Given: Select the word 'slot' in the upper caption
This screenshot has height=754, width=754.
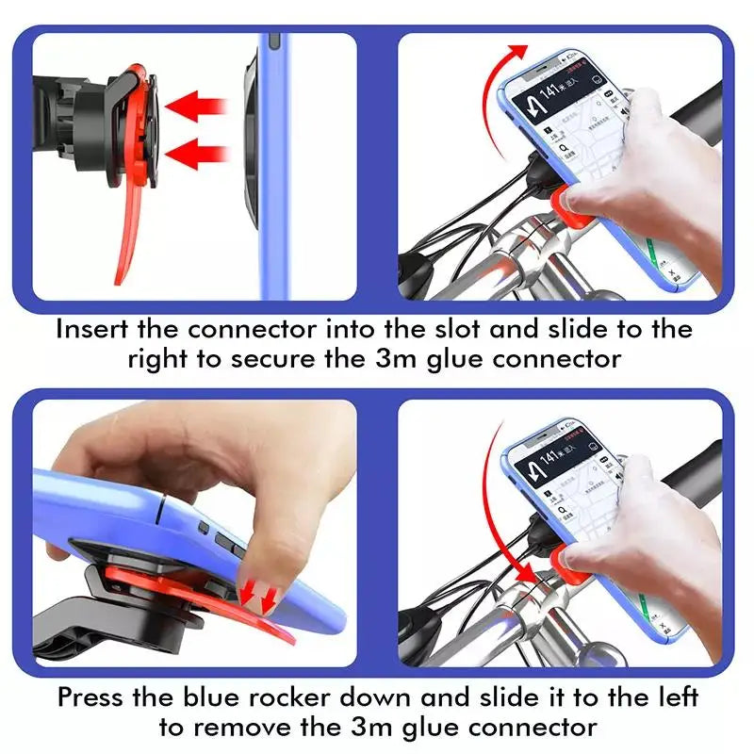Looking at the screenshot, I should pos(475,329).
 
